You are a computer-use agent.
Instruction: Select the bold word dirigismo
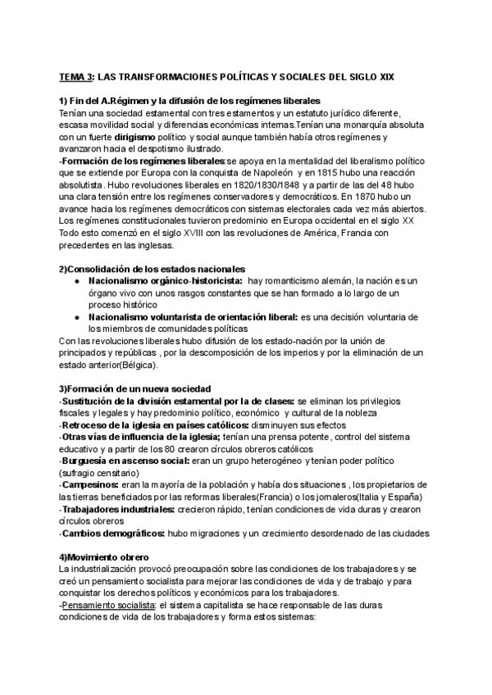pyautogui.click(x=136, y=139)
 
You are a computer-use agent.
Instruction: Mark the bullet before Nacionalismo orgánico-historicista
pyautogui.click(x=76, y=282)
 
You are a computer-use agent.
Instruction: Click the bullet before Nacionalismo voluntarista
pyautogui.click(x=76, y=317)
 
